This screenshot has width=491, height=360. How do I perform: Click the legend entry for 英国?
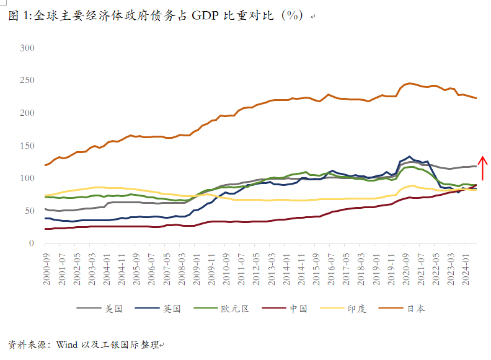tap(170, 308)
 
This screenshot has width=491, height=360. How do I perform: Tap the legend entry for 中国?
tap(298, 308)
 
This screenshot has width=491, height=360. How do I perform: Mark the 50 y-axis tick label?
tap(29, 211)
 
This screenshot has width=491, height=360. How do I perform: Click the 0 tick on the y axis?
tap(32, 244)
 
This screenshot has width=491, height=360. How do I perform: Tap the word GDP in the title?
tap(205, 16)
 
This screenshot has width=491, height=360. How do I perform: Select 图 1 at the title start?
tap(19, 16)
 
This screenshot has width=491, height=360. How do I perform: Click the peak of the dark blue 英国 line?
tap(409, 157)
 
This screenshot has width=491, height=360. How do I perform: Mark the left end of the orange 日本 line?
tap(45, 165)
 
